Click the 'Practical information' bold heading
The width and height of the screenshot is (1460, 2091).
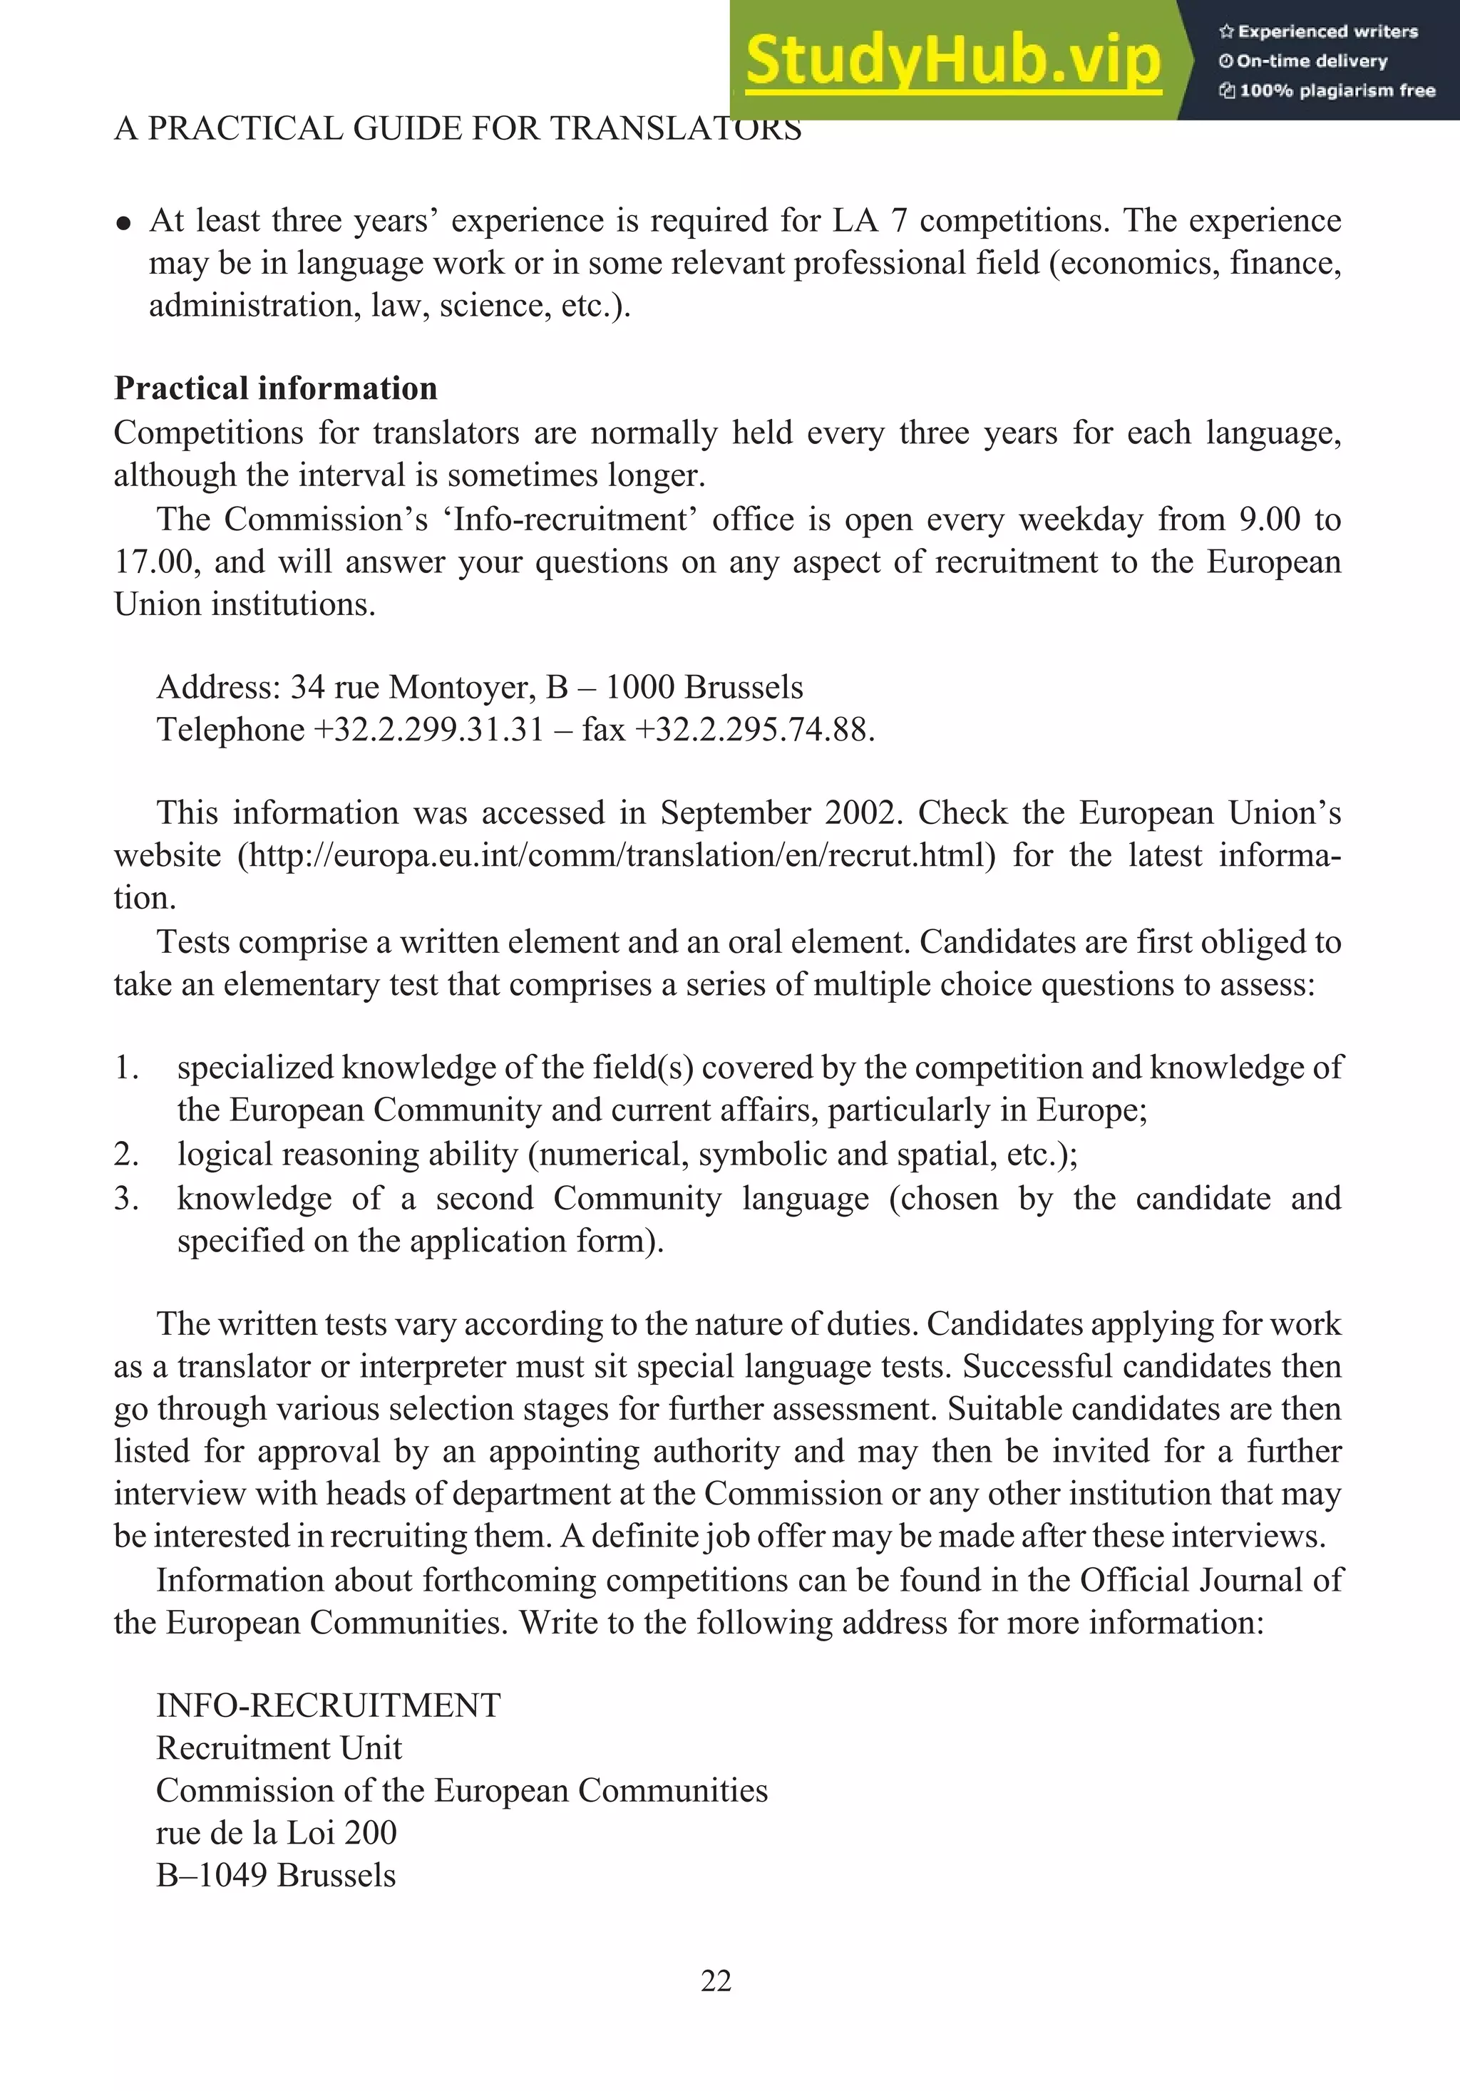point(275,389)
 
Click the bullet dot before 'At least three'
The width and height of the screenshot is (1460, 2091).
point(124,224)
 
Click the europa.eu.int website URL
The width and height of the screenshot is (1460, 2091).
point(617,856)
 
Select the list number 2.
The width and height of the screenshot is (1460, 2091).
point(125,1155)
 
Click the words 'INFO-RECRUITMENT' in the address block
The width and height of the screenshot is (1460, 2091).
point(328,1705)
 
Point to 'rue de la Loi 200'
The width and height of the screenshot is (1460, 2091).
point(276,1833)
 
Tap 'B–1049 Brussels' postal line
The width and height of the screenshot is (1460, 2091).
point(276,1876)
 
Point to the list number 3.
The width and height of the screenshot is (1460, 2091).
point(125,1199)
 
